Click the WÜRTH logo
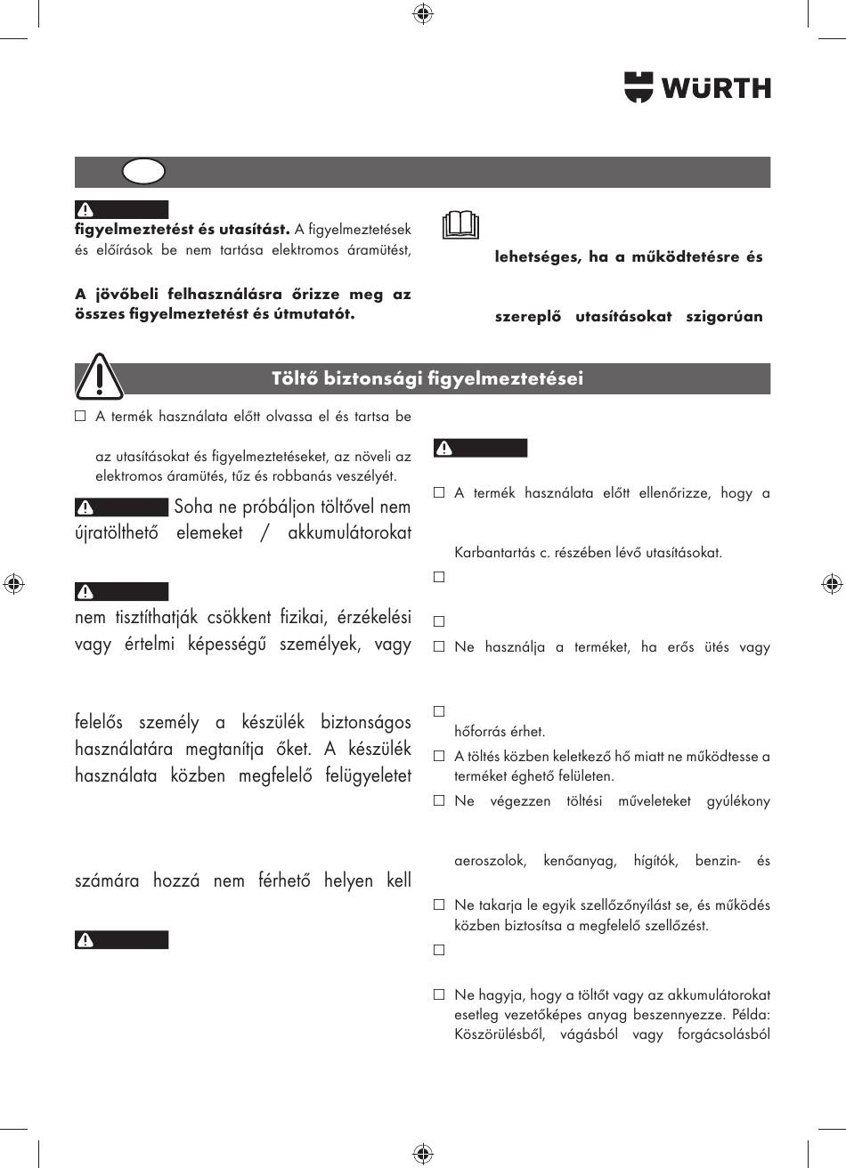pyautogui.click(x=697, y=87)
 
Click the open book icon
pyautogui.click(x=460, y=228)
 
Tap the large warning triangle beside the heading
pyautogui.click(x=99, y=377)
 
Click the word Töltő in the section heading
pyautogui.click(x=295, y=378)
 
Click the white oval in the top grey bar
pyautogui.click(x=144, y=171)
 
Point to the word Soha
pyautogui.click(x=194, y=507)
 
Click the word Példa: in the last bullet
pyautogui.click(x=747, y=1015)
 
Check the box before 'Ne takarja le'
pyautogui.click(x=439, y=905)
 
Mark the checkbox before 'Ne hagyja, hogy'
pyautogui.click(x=439, y=994)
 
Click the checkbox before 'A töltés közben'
pyautogui.click(x=439, y=757)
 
